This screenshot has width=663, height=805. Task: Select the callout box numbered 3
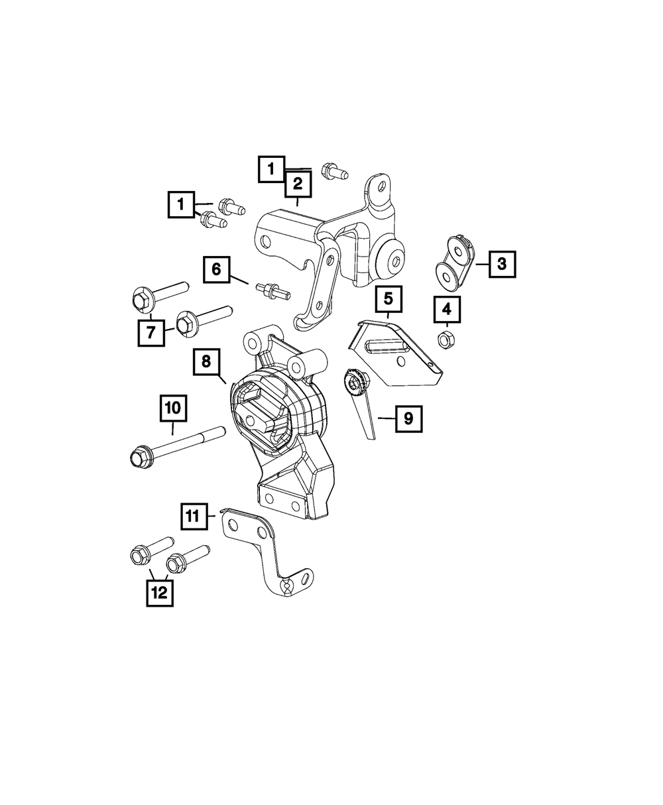click(x=502, y=265)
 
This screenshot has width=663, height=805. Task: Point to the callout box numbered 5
click(x=388, y=299)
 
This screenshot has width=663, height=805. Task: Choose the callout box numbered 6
click(x=216, y=269)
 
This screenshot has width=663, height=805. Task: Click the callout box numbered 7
click(x=151, y=332)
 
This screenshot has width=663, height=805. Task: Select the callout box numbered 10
click(x=172, y=408)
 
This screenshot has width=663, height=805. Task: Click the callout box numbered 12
click(x=160, y=592)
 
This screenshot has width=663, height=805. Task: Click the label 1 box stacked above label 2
click(x=271, y=169)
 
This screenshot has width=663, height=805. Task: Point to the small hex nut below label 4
click(x=445, y=340)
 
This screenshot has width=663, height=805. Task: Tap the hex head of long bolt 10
click(x=137, y=456)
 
